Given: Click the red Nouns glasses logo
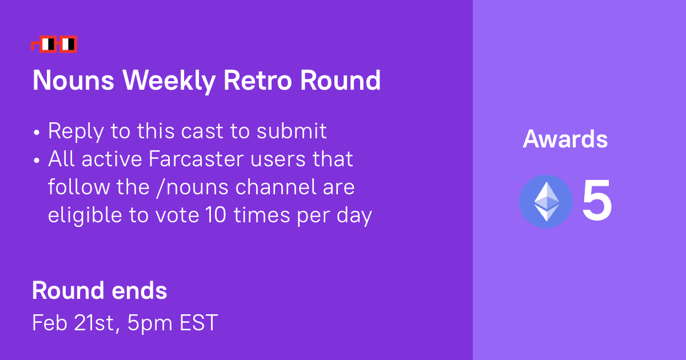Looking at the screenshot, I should tap(54, 44).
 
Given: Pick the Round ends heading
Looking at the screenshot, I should tap(99, 291).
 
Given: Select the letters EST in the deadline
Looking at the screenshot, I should tap(198, 323).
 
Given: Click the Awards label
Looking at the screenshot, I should tap(565, 139).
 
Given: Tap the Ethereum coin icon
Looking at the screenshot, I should tap(545, 202).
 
